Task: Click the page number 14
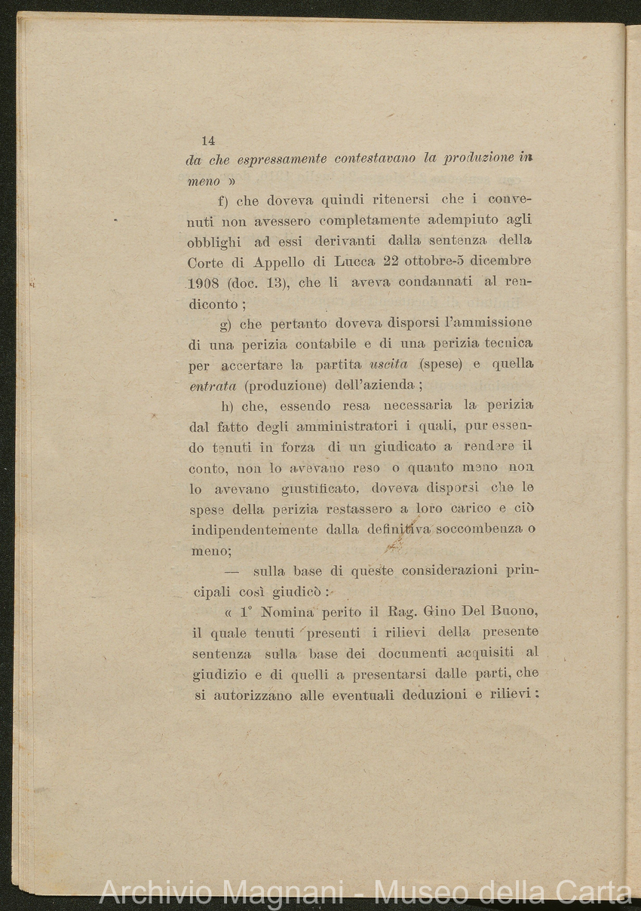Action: (x=208, y=140)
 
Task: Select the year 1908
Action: (x=204, y=284)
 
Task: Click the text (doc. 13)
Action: (x=257, y=284)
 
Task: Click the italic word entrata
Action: (x=212, y=386)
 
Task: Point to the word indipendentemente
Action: (x=253, y=530)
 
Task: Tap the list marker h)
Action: (x=226, y=406)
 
